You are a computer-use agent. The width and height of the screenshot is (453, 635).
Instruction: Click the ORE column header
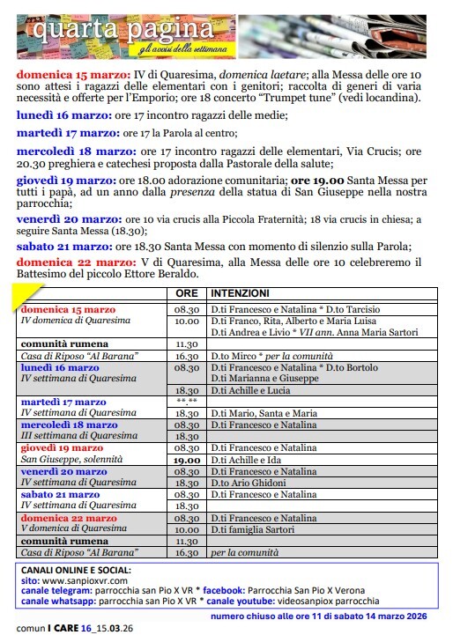point(187,292)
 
